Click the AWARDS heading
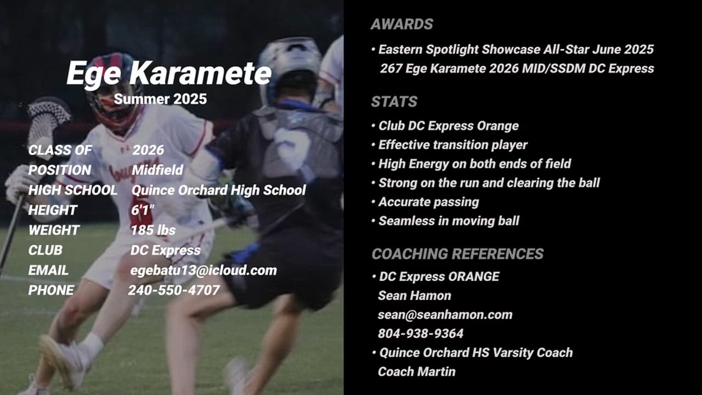(x=402, y=24)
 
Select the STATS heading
(x=394, y=101)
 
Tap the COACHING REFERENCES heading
(x=457, y=253)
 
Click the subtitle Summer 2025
(x=160, y=99)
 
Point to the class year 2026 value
(x=148, y=150)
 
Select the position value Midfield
(x=157, y=170)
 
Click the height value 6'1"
(x=143, y=210)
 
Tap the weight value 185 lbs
(x=153, y=230)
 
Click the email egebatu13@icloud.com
(x=203, y=270)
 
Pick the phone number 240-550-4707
(x=174, y=290)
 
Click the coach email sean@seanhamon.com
(x=445, y=314)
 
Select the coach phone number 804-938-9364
(x=421, y=334)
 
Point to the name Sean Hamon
(x=414, y=296)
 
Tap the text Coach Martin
(x=416, y=372)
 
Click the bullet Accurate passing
(x=428, y=202)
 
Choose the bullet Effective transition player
(x=453, y=145)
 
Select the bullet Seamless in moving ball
(x=449, y=221)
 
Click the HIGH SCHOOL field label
(x=73, y=190)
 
